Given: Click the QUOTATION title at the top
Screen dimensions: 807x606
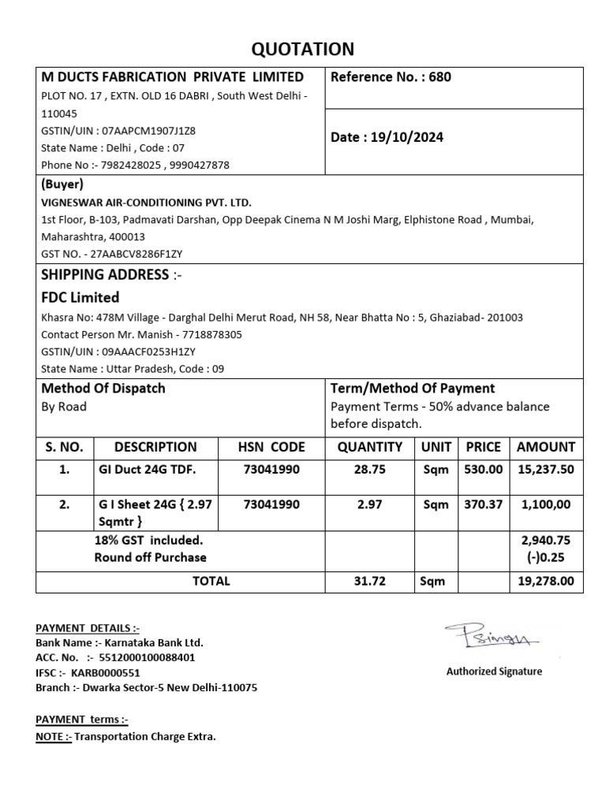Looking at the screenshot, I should point(302,50).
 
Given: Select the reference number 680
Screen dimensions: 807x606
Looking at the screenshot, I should point(440,77).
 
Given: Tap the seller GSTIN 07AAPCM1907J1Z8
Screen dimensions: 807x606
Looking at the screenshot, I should point(145,131).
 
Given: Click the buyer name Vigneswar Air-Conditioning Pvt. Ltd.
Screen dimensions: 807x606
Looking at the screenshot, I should point(146,203).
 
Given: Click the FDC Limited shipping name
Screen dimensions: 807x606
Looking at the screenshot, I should point(80,297).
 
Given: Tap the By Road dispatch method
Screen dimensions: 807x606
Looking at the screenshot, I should point(64,407).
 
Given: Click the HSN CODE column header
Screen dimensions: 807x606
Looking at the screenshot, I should point(271,447).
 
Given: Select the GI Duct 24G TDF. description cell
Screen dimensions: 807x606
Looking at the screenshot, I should point(145,470).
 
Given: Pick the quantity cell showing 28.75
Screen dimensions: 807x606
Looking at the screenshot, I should point(369,470).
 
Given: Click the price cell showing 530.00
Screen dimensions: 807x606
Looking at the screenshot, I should point(483,470).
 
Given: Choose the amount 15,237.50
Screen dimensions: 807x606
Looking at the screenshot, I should point(546,470).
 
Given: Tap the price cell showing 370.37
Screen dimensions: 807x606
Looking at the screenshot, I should point(483,504).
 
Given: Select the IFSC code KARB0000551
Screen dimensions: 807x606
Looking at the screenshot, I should point(106,672).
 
